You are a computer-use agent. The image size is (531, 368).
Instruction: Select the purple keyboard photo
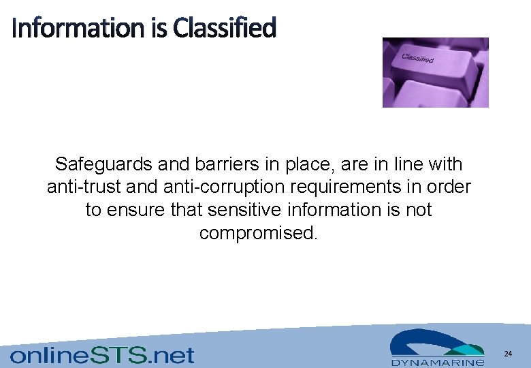click(435, 72)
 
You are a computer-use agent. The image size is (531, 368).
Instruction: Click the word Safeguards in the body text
click(104, 164)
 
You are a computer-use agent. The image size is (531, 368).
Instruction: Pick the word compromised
click(258, 233)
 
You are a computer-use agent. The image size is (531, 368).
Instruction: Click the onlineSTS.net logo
click(102, 355)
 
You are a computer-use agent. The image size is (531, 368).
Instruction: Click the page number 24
click(508, 354)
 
